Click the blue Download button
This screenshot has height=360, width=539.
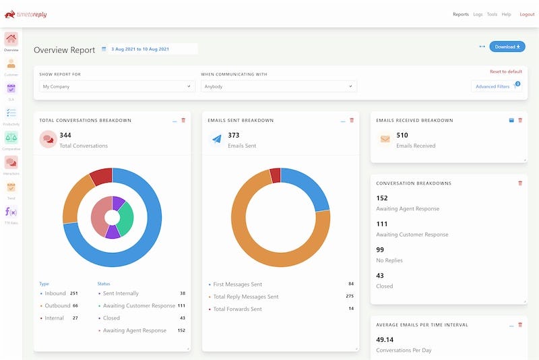click(x=507, y=47)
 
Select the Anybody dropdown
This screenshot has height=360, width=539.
click(x=278, y=86)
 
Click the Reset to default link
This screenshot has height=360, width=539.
click(x=505, y=71)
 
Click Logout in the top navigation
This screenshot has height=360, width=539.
click(x=526, y=14)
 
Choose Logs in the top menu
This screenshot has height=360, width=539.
click(x=478, y=14)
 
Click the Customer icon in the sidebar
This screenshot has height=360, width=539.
click(x=11, y=64)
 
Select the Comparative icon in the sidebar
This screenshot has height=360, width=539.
click(x=11, y=138)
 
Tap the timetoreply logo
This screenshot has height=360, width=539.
click(x=26, y=14)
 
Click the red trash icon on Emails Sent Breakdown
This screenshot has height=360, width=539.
click(x=352, y=120)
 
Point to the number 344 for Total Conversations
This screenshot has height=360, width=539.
click(x=65, y=136)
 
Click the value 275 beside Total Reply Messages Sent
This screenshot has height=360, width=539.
click(x=350, y=297)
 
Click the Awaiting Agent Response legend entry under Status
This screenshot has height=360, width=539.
click(x=134, y=330)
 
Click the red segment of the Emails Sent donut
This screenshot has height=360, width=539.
click(x=275, y=175)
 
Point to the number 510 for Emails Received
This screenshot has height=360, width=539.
click(x=402, y=136)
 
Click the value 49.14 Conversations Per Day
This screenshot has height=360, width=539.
click(x=385, y=340)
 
